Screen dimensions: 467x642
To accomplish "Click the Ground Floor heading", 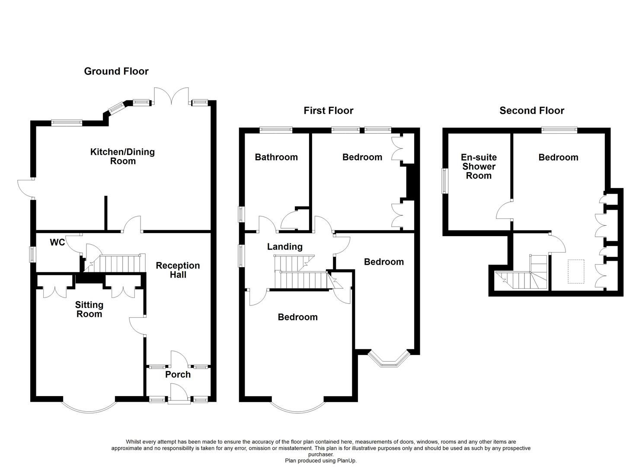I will tap(116, 71).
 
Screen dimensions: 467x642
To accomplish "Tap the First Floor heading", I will tap(328, 111).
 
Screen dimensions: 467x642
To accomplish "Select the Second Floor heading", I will tap(531, 111).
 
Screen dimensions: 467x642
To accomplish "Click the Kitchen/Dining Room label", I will tap(122, 157).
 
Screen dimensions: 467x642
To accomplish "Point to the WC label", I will tap(57, 243).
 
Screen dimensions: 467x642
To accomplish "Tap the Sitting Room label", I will tap(89, 310).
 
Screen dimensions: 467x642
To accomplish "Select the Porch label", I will tap(178, 374).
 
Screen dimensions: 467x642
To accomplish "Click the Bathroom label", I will tap(276, 157).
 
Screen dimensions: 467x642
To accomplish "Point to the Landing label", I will tap(284, 247).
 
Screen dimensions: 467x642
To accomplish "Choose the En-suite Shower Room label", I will tap(479, 166).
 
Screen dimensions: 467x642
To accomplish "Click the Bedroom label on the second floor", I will tap(558, 157).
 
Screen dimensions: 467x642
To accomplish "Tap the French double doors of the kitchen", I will tap(172, 96).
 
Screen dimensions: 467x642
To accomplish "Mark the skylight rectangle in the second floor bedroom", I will tap(575, 272).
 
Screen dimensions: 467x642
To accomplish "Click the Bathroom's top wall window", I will tap(276, 129).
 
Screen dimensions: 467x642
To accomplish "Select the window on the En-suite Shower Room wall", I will tap(444, 181).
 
